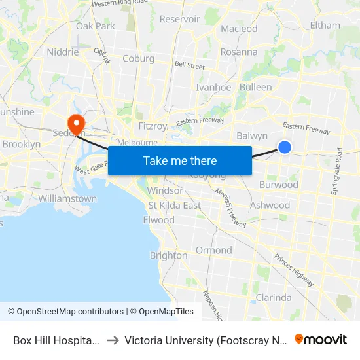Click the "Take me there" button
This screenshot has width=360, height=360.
tap(180, 160)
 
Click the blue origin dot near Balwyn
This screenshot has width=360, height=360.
tap(285, 147)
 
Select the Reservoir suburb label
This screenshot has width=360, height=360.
tap(179, 19)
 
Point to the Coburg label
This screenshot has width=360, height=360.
tap(138, 58)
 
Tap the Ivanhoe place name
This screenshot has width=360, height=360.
tap(213, 87)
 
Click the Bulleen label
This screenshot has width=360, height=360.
tap(256, 87)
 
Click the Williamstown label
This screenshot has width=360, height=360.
tap(67, 198)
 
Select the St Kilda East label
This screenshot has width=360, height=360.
tap(174, 206)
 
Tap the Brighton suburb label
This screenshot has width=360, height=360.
tap(168, 255)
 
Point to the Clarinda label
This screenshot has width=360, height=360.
tap(273, 297)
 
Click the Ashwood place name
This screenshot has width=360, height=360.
tap(270, 206)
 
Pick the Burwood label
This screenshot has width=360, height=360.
tap(278, 185)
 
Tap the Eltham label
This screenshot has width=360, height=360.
tap(325, 26)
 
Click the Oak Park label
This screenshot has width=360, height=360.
tap(95, 26)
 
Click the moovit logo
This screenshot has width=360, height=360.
tap(321, 340)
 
